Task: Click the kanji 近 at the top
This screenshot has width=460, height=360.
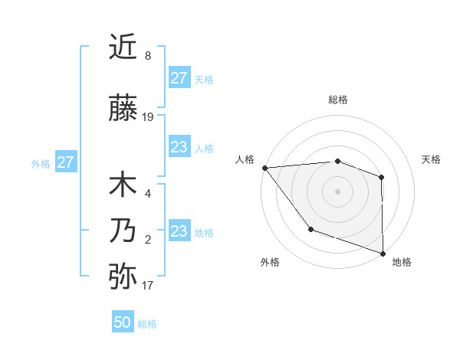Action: pos(123,47)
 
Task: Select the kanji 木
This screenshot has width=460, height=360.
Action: pos(123,185)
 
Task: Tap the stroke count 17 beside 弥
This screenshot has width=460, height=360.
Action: pos(148,286)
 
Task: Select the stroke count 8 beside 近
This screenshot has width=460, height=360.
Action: pos(148,56)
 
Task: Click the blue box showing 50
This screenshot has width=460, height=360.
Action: pos(123,322)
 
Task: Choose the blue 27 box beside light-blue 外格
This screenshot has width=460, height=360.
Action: pos(65,162)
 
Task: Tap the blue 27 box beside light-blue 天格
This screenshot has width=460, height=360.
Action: pos(179,78)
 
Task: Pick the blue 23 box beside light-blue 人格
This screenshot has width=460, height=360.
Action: pos(179,147)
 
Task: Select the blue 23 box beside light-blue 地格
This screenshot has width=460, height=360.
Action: pos(179,231)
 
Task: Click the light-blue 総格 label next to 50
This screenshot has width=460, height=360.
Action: pos(147,324)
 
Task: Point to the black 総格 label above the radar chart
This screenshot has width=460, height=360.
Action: pos(337,100)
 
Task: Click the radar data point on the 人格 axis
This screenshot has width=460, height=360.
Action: pos(264,168)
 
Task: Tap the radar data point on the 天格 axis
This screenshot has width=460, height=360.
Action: pos(382,178)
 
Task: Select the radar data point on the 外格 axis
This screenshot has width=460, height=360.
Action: pos(310,229)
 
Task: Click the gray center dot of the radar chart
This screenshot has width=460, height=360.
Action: pos(337,191)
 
